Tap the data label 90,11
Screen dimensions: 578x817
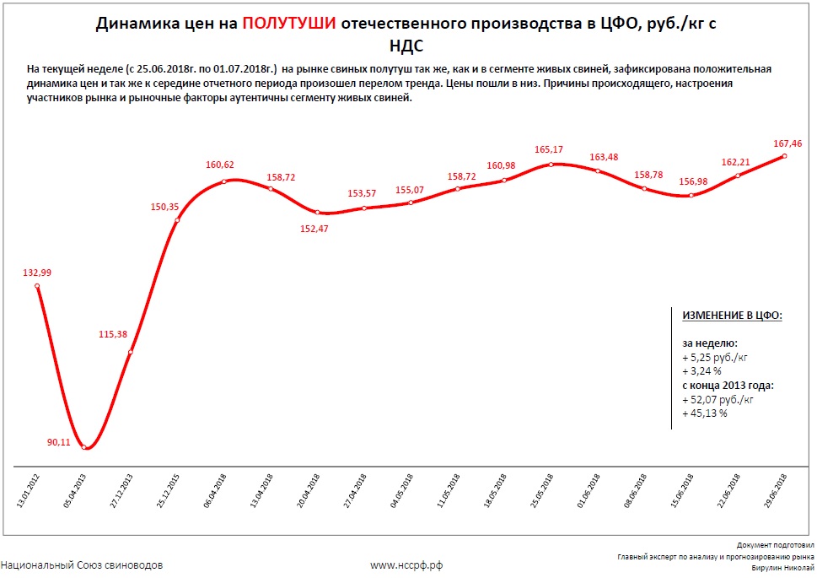(x=61, y=441)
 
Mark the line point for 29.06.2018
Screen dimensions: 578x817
(x=785, y=155)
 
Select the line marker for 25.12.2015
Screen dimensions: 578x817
(x=177, y=221)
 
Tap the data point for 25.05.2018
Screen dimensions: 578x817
(x=551, y=164)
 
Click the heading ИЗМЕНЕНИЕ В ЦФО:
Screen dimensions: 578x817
(x=732, y=315)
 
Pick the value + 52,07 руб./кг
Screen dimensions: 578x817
(x=718, y=400)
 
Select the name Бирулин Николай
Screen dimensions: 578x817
(x=782, y=568)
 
